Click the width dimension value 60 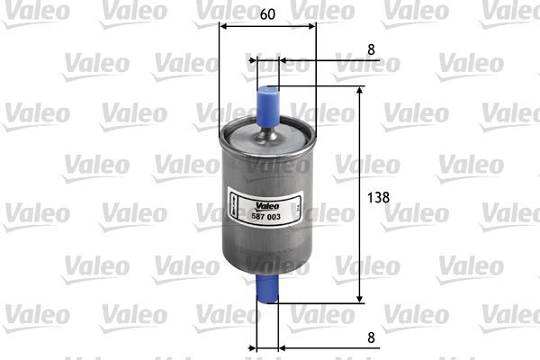(x=267, y=13)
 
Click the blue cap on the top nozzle (x=267, y=103)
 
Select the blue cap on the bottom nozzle (x=267, y=290)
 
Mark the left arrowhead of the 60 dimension (x=224, y=26)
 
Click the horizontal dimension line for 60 (x=267, y=26)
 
